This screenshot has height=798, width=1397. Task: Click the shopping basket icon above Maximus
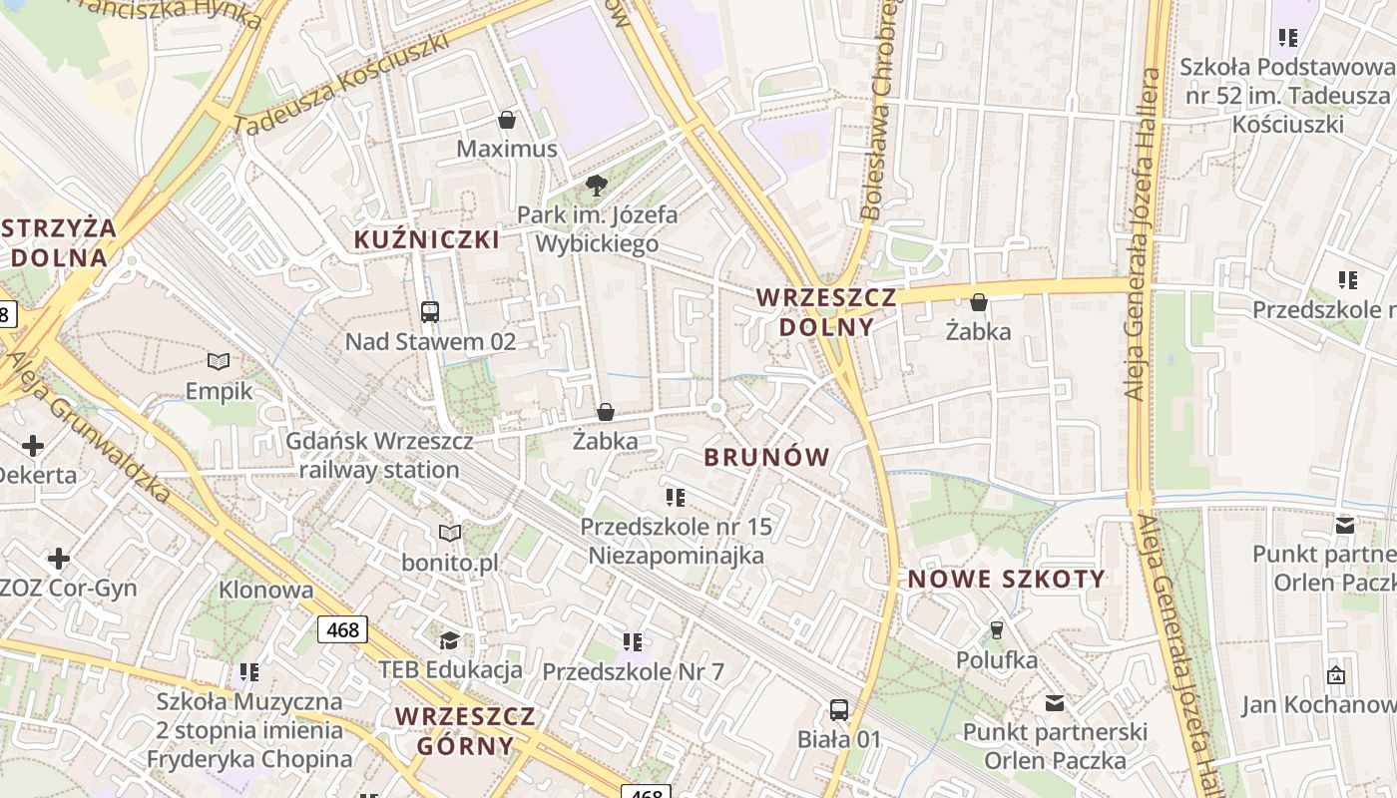point(507,121)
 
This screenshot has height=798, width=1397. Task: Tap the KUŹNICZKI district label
point(427,239)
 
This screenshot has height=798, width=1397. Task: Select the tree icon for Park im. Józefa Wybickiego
point(597,185)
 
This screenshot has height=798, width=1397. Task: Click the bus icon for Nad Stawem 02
point(430,312)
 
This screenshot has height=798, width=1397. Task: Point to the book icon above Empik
point(219,361)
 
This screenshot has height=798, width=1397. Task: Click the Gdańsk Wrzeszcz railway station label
point(379,455)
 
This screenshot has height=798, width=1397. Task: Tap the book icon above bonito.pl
point(450,534)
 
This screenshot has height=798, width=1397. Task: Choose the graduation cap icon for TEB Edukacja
point(450,639)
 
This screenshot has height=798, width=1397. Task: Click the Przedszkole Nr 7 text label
point(633,672)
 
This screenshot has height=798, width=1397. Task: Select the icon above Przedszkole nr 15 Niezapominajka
point(676,497)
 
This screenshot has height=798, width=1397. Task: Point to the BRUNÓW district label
point(766,458)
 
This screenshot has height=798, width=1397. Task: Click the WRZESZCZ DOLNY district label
point(814,312)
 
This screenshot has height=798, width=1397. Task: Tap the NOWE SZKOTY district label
point(1007,580)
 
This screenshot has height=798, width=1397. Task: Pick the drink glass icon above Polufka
point(995,630)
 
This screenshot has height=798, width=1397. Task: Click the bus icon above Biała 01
point(839,710)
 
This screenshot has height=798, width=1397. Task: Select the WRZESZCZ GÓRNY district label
point(465,731)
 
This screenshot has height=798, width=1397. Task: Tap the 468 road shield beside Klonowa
point(343,629)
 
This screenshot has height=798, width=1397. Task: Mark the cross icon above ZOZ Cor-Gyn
point(59,558)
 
